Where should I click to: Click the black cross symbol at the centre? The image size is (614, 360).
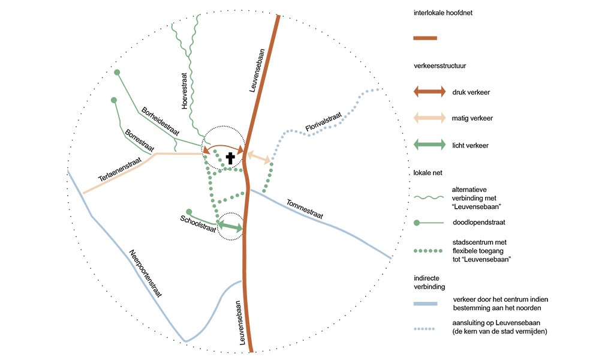pos(230,158)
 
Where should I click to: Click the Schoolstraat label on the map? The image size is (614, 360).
pos(198,222)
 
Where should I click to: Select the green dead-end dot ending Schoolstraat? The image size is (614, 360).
pos(189,212)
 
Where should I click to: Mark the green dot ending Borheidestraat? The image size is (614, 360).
pos(118,73)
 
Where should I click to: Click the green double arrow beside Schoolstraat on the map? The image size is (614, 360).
pos(230,226)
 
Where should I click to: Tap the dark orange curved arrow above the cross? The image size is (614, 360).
pos(224,148)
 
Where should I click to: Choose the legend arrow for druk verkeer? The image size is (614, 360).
pos(429,92)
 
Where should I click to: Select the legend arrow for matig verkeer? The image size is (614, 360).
pos(429,118)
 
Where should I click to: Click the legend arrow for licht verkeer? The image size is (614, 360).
pos(429,145)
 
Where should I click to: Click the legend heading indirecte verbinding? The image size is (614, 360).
pos(430,283)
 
